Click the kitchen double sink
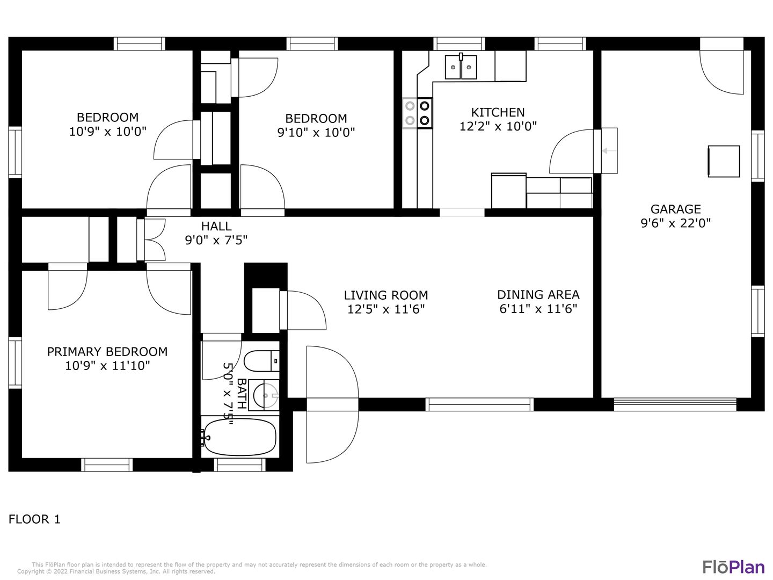pyautogui.click(x=461, y=67)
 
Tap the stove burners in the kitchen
pyautogui.click(x=417, y=113)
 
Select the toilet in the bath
pyautogui.click(x=261, y=361)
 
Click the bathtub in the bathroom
pyautogui.click(x=239, y=437)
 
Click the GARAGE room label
pyautogui.click(x=675, y=209)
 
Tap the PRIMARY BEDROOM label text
pyautogui.click(x=107, y=351)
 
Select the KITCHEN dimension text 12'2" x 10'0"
pyautogui.click(x=498, y=126)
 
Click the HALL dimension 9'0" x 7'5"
pyautogui.click(x=216, y=240)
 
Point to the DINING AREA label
pyautogui.click(x=538, y=294)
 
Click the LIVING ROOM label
pyautogui.click(x=386, y=295)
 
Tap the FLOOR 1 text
pyautogui.click(x=34, y=519)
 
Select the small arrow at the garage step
pyautogui.click(x=609, y=151)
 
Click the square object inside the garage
pyautogui.click(x=724, y=161)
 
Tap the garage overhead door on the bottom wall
pyautogui.click(x=675, y=404)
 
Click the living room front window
pyautogui.click(x=479, y=404)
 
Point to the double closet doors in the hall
pyautogui.click(x=154, y=240)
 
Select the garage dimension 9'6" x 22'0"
pyautogui.click(x=675, y=223)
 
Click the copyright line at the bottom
pyautogui.click(x=116, y=571)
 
